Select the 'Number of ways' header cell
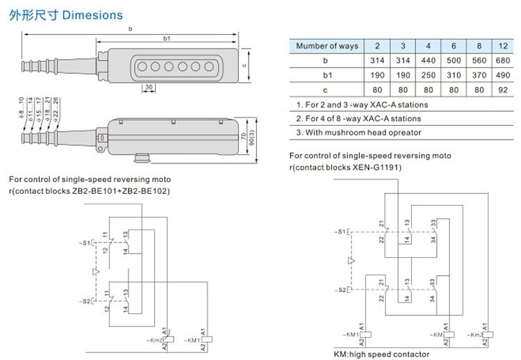(x=326, y=46)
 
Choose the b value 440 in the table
(x=429, y=60)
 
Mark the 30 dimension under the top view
(x=149, y=87)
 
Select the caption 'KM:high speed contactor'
(x=381, y=354)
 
